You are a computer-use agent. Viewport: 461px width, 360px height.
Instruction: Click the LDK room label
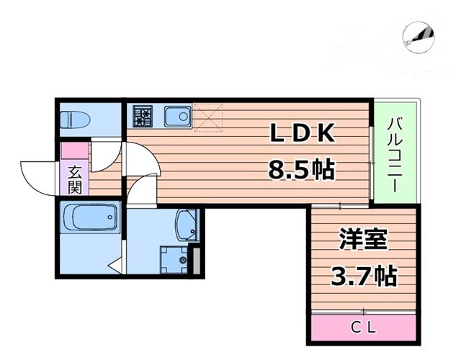point(303,135)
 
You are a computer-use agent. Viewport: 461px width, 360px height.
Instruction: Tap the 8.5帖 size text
point(301,171)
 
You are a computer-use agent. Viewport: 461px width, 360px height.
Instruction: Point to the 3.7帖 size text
point(364,275)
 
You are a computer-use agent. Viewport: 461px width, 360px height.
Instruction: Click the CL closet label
point(364,328)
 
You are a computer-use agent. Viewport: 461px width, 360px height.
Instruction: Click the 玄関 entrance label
point(75,179)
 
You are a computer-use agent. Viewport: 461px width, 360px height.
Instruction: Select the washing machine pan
point(174,258)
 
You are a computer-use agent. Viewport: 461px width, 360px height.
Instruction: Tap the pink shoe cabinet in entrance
point(73,151)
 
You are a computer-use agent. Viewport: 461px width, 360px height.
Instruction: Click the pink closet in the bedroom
point(364,328)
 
